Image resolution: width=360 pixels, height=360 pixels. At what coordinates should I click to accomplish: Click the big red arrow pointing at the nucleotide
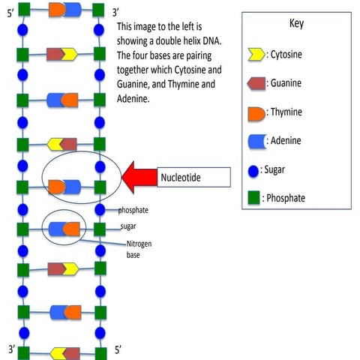pyautogui.click(x=140, y=178)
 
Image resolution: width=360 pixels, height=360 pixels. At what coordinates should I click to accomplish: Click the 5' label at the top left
pyautogui.click(x=10, y=13)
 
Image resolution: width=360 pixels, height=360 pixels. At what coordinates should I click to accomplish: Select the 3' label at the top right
pyautogui.click(x=115, y=13)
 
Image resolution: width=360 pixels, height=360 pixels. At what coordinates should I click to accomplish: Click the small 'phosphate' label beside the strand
pyautogui.click(x=133, y=210)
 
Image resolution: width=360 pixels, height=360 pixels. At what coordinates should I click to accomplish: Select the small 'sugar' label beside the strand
pyautogui.click(x=128, y=226)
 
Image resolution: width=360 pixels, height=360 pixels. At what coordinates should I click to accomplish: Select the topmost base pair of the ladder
pyautogui.click(x=63, y=10)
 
